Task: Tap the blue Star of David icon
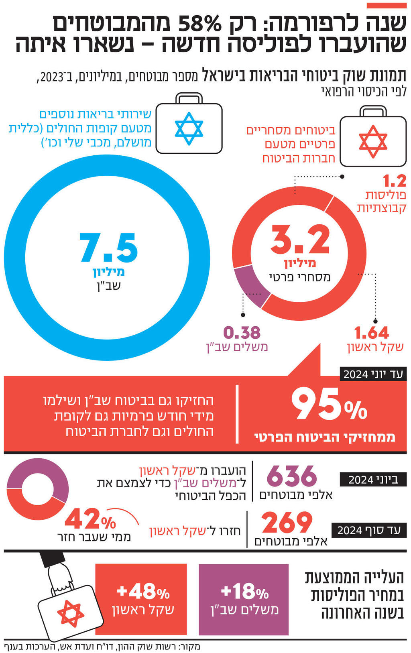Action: [189, 128]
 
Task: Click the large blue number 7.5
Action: [108, 248]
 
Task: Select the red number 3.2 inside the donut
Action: [300, 240]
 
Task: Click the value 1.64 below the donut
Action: [372, 333]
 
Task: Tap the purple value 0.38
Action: [242, 333]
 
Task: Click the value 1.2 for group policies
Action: [395, 181]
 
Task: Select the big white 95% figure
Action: [329, 405]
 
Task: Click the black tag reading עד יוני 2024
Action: [373, 374]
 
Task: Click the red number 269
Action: [287, 523]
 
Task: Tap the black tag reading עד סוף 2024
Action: [369, 530]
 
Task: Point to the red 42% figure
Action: [90, 519]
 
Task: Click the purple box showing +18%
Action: [244, 599]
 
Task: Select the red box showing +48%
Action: [141, 599]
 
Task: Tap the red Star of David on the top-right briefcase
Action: [373, 142]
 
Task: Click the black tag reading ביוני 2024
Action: [373, 480]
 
